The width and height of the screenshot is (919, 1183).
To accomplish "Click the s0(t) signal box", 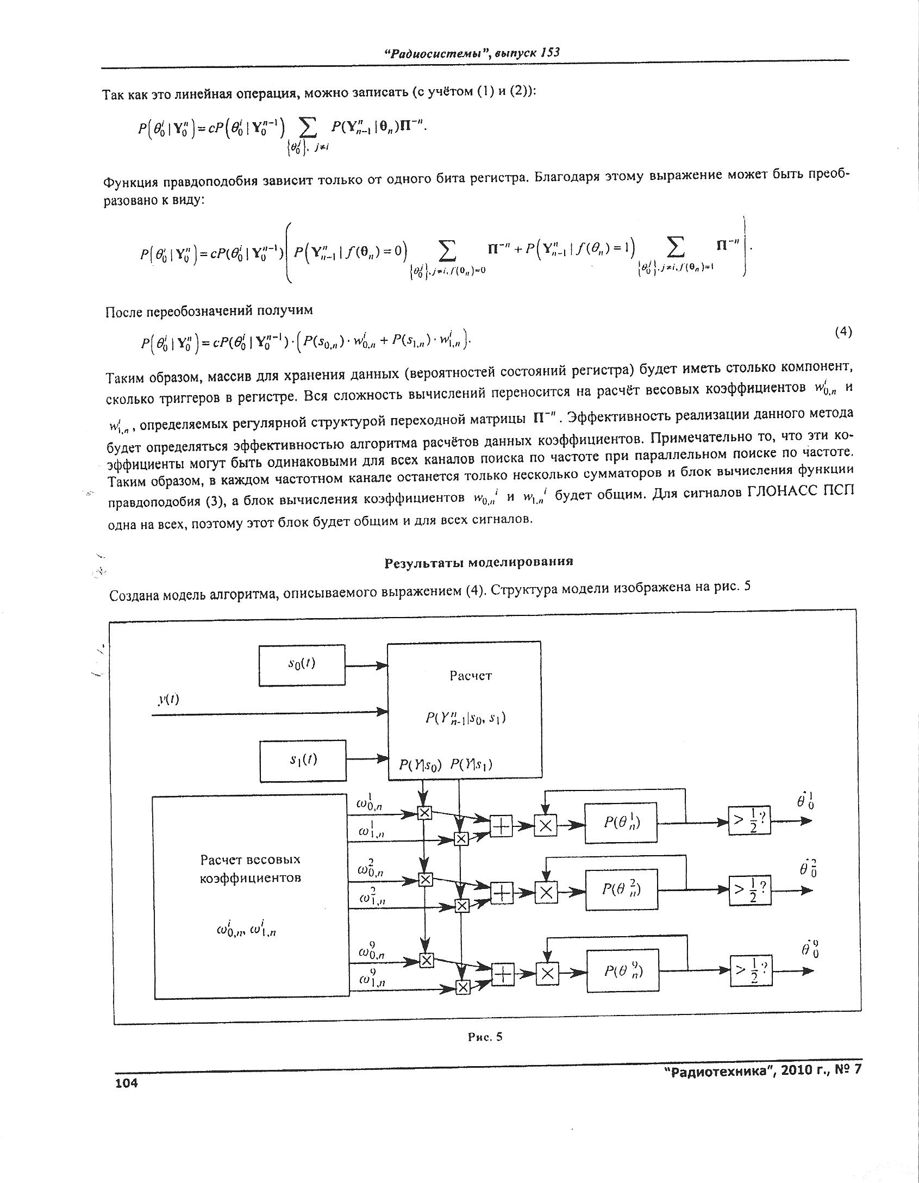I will click(x=302, y=665).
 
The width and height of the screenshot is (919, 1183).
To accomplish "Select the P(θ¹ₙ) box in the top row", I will click(x=621, y=823).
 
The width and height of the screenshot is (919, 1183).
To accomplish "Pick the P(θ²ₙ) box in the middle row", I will click(x=621, y=889).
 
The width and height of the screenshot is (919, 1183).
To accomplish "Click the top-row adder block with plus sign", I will click(x=501, y=826).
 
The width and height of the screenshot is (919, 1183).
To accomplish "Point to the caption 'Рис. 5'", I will click(x=485, y=1037).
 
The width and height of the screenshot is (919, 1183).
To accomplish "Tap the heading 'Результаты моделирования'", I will click(x=479, y=562).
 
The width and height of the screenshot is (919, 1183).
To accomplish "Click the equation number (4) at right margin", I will click(x=842, y=332).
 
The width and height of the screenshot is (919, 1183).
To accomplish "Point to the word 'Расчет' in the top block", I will click(x=470, y=676).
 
